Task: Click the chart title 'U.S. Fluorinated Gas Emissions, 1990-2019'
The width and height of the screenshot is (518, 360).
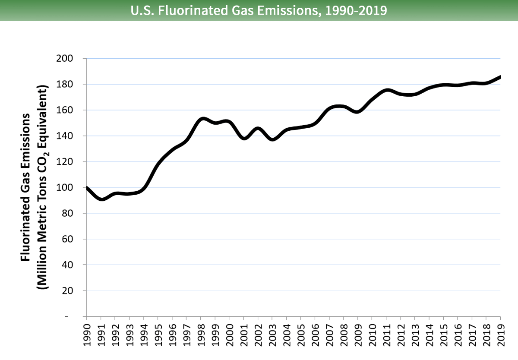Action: pos(259,10)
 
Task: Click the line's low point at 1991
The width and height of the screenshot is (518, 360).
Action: pos(101,199)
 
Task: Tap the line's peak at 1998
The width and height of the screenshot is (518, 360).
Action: pos(203,119)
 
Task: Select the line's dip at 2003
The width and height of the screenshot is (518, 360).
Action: pos(272,139)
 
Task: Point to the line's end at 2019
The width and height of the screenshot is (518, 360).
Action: pos(500,77)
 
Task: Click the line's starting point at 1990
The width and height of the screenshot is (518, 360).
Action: pos(87,188)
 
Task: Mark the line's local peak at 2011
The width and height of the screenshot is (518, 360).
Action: pos(387,90)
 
